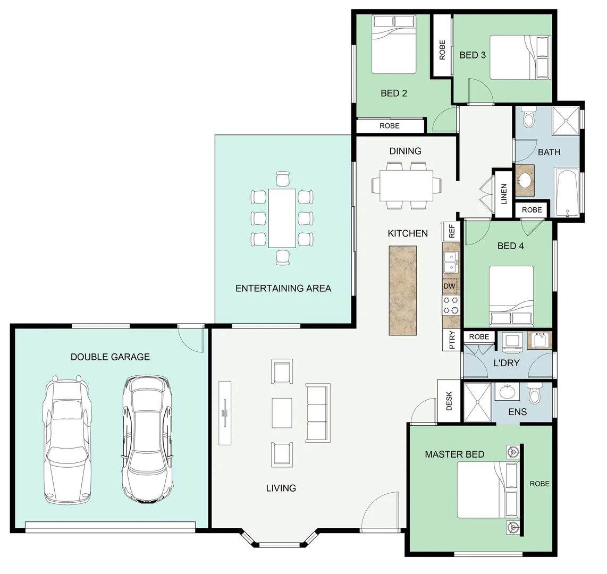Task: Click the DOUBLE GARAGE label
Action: click(x=110, y=357)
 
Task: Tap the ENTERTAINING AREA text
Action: click(x=283, y=288)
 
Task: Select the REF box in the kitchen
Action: click(x=451, y=231)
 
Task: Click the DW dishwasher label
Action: click(x=450, y=286)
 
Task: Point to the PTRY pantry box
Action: click(x=451, y=340)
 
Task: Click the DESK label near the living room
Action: click(x=449, y=401)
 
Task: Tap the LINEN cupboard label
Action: click(x=503, y=194)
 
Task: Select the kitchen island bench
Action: click(x=403, y=290)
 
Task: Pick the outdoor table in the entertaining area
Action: click(x=282, y=218)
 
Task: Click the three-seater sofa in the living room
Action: click(x=317, y=412)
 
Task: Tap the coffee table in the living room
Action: click(x=282, y=413)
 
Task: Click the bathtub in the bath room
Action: click(x=567, y=193)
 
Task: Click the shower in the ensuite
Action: click(x=477, y=401)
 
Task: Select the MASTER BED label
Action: click(x=454, y=454)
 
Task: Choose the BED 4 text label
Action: click(x=510, y=246)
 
